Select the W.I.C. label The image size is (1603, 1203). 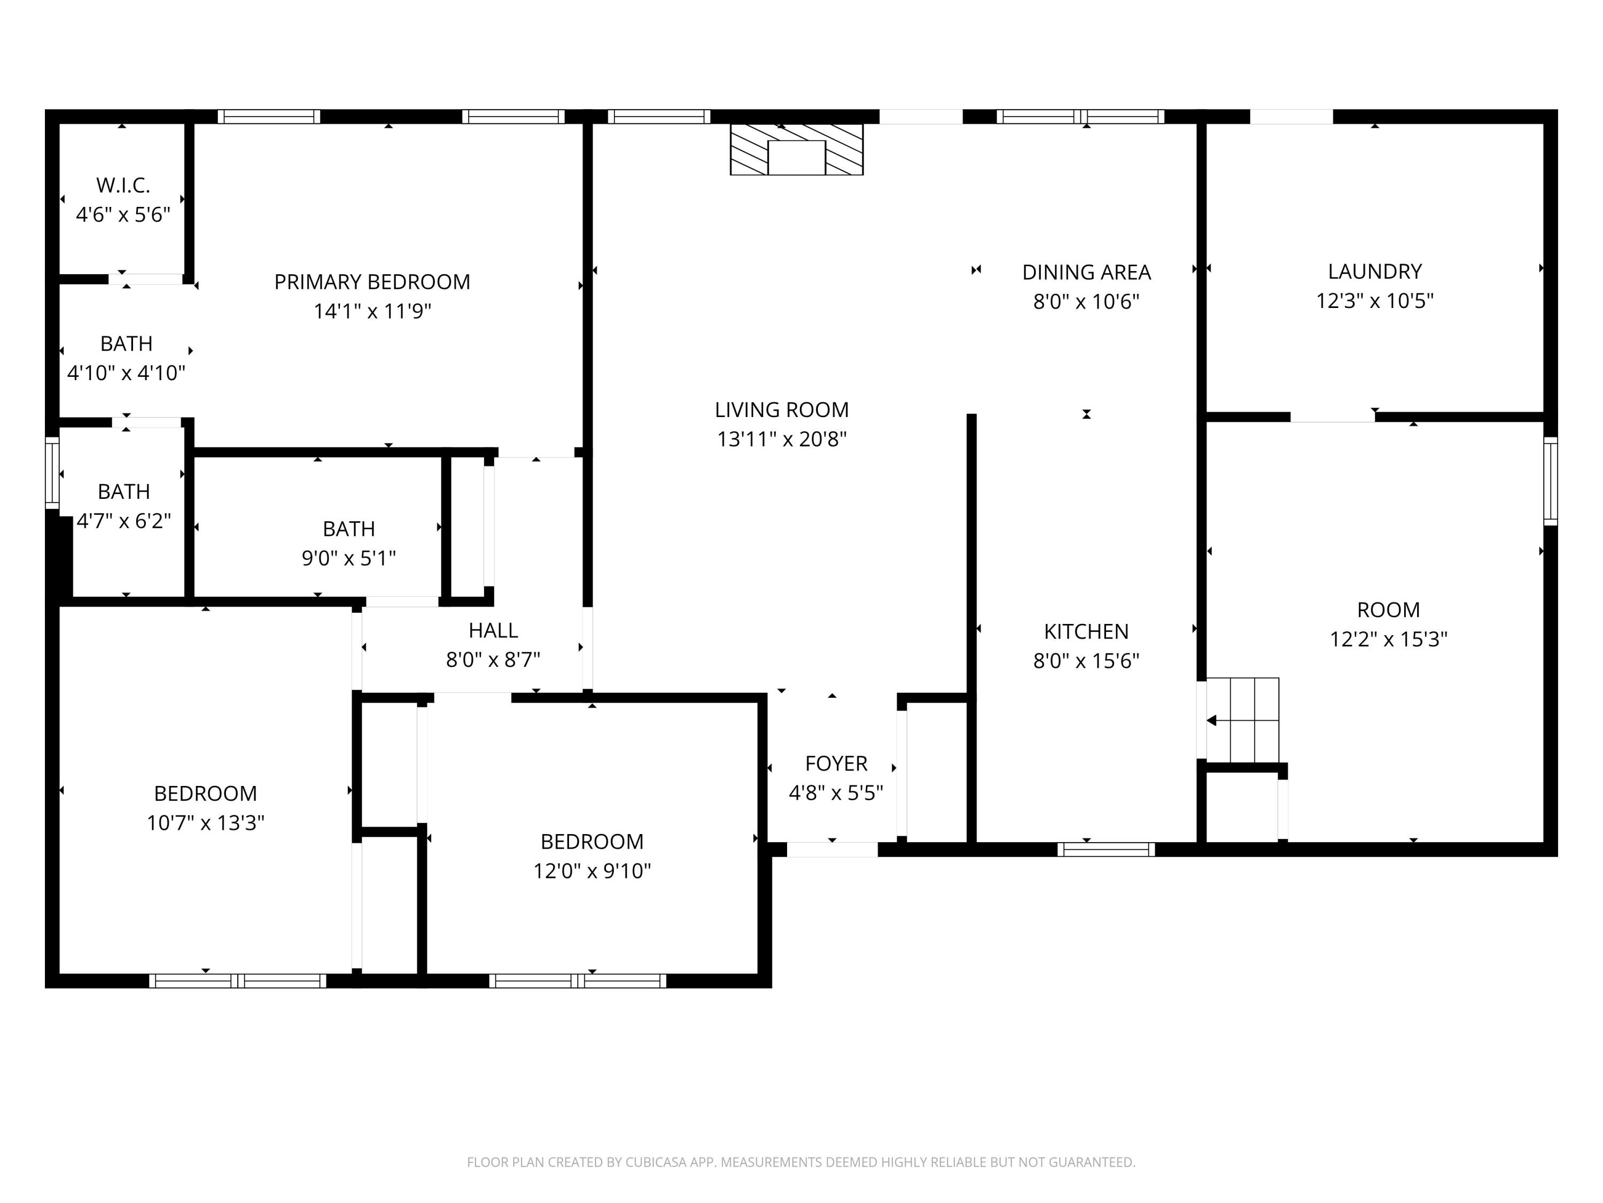pyautogui.click(x=123, y=186)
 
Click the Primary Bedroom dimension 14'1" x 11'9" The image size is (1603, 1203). pyautogui.click(x=372, y=311)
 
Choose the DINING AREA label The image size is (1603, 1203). pyautogui.click(x=1086, y=272)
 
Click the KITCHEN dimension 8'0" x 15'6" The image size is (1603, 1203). pyautogui.click(x=1086, y=661)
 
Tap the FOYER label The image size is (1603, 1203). pyautogui.click(x=836, y=763)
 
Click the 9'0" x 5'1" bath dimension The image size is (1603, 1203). pyautogui.click(x=348, y=558)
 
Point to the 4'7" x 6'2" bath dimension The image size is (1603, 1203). pyautogui.click(x=124, y=521)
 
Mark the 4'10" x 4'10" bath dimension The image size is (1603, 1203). pyautogui.click(x=126, y=373)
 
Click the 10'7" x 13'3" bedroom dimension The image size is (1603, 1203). pyautogui.click(x=205, y=822)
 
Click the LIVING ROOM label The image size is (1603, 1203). pyautogui.click(x=781, y=410)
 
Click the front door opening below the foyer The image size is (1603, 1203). pyautogui.click(x=832, y=849)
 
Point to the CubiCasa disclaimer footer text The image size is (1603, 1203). pyautogui.click(x=801, y=1162)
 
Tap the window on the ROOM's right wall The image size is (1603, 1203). pyautogui.click(x=1550, y=481)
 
